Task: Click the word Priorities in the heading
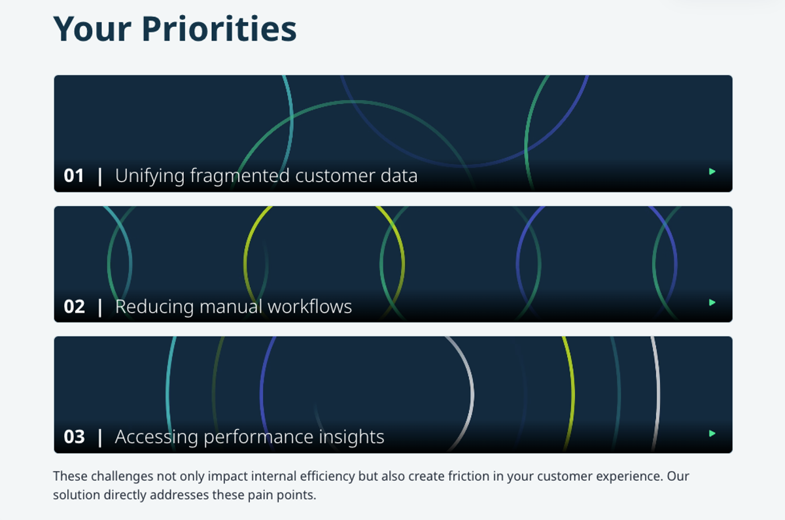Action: (x=218, y=30)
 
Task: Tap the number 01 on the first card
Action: (x=74, y=176)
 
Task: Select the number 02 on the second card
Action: (x=74, y=307)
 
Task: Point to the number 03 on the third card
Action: (x=74, y=437)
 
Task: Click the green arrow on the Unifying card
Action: (x=712, y=171)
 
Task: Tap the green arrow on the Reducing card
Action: (x=712, y=302)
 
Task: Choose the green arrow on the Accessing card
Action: (x=712, y=433)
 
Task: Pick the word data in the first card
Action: (x=398, y=176)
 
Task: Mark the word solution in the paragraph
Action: (x=76, y=494)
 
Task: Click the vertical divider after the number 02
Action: (x=100, y=307)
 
